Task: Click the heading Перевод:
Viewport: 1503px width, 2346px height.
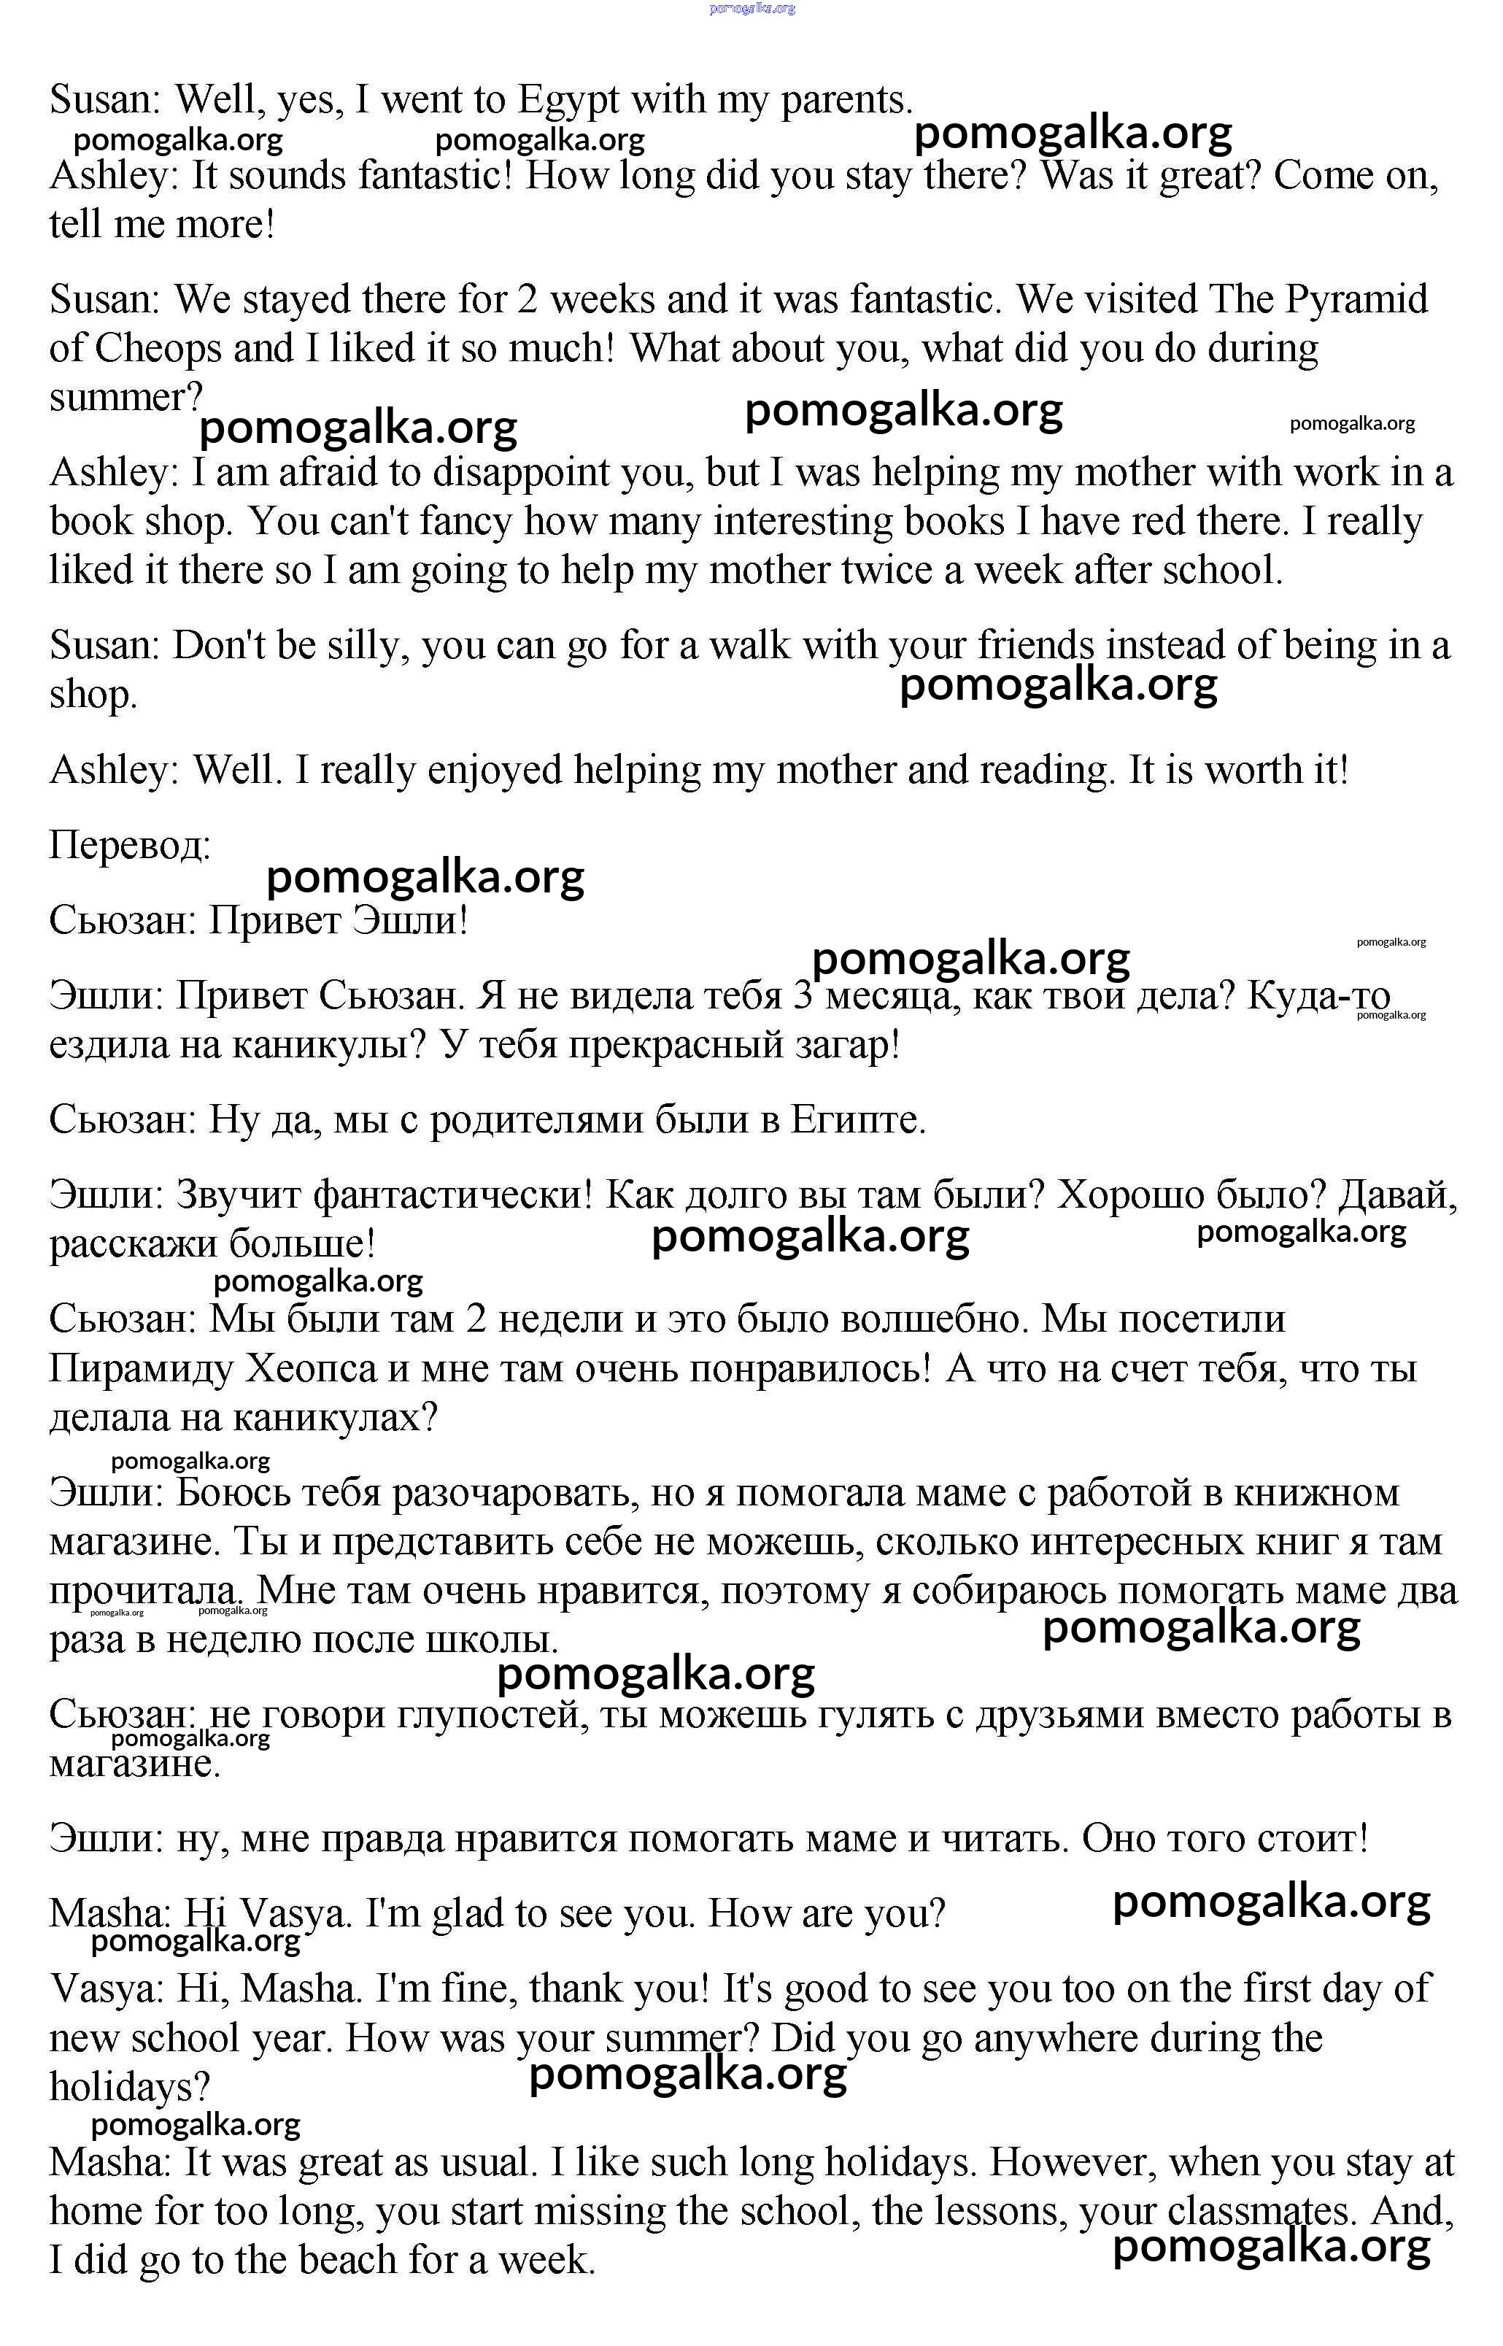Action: [130, 845]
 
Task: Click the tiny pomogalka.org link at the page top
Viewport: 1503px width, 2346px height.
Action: [751, 8]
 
